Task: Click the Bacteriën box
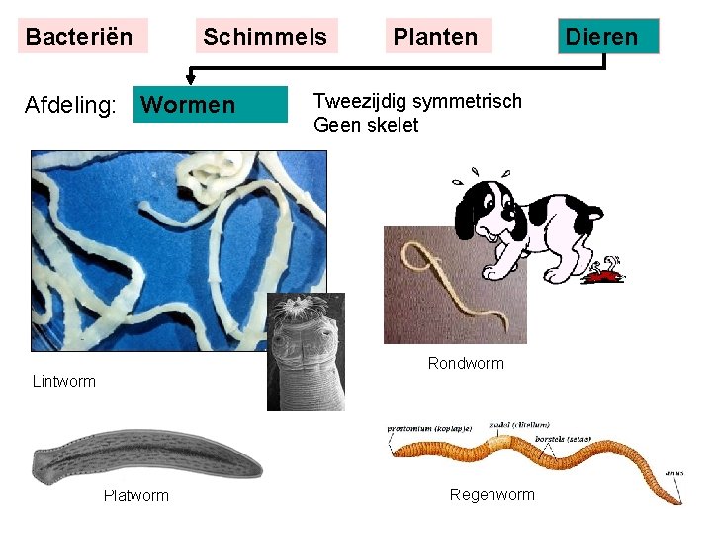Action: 79,37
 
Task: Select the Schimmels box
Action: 265,37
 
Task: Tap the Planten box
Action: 435,37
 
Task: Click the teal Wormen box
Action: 210,105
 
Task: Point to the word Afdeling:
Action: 71,105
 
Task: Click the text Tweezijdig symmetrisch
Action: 417,101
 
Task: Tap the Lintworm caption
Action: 64,381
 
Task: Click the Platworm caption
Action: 136,495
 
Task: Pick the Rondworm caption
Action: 466,363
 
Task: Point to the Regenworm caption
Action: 491,494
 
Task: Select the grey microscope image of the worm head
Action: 306,351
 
